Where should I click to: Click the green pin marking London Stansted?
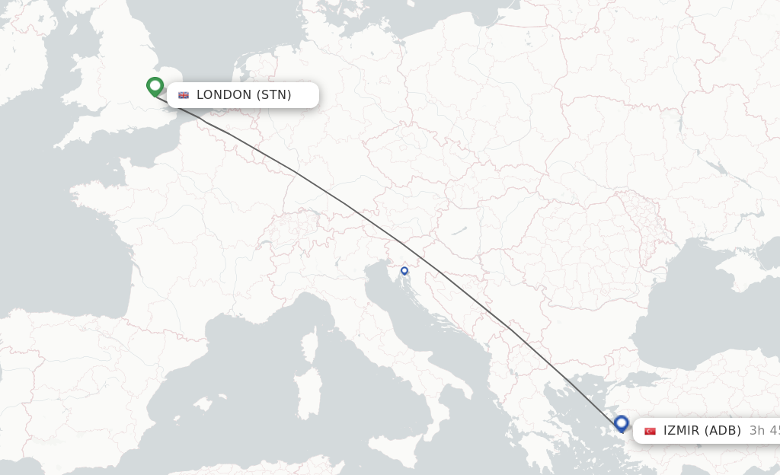pos(155,86)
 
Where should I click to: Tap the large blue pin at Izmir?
pos(622,423)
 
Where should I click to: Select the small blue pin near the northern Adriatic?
pos(404,270)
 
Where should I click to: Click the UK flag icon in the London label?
pos(184,95)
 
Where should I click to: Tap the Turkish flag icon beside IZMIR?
pos(650,431)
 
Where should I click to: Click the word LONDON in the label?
pos(223,95)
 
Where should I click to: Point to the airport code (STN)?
pos(273,95)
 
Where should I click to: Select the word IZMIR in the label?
pos(681,431)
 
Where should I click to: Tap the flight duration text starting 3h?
pos(764,431)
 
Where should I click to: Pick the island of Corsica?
pos(310,346)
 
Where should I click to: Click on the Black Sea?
pos(686,320)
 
